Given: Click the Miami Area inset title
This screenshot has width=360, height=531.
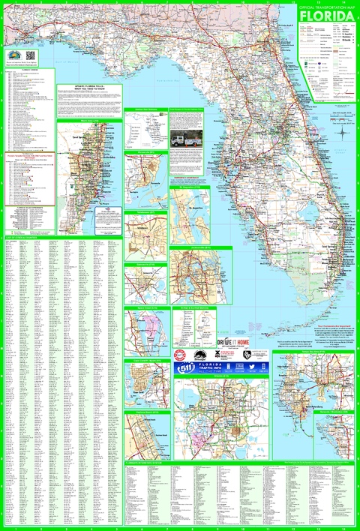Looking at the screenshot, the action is click(x=89, y=119).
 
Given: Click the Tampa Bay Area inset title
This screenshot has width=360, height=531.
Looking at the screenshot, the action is click(x=314, y=351).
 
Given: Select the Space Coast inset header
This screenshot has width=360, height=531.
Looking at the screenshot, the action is click(x=145, y=307).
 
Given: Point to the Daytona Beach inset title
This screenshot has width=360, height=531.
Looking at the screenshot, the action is click(x=145, y=412).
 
